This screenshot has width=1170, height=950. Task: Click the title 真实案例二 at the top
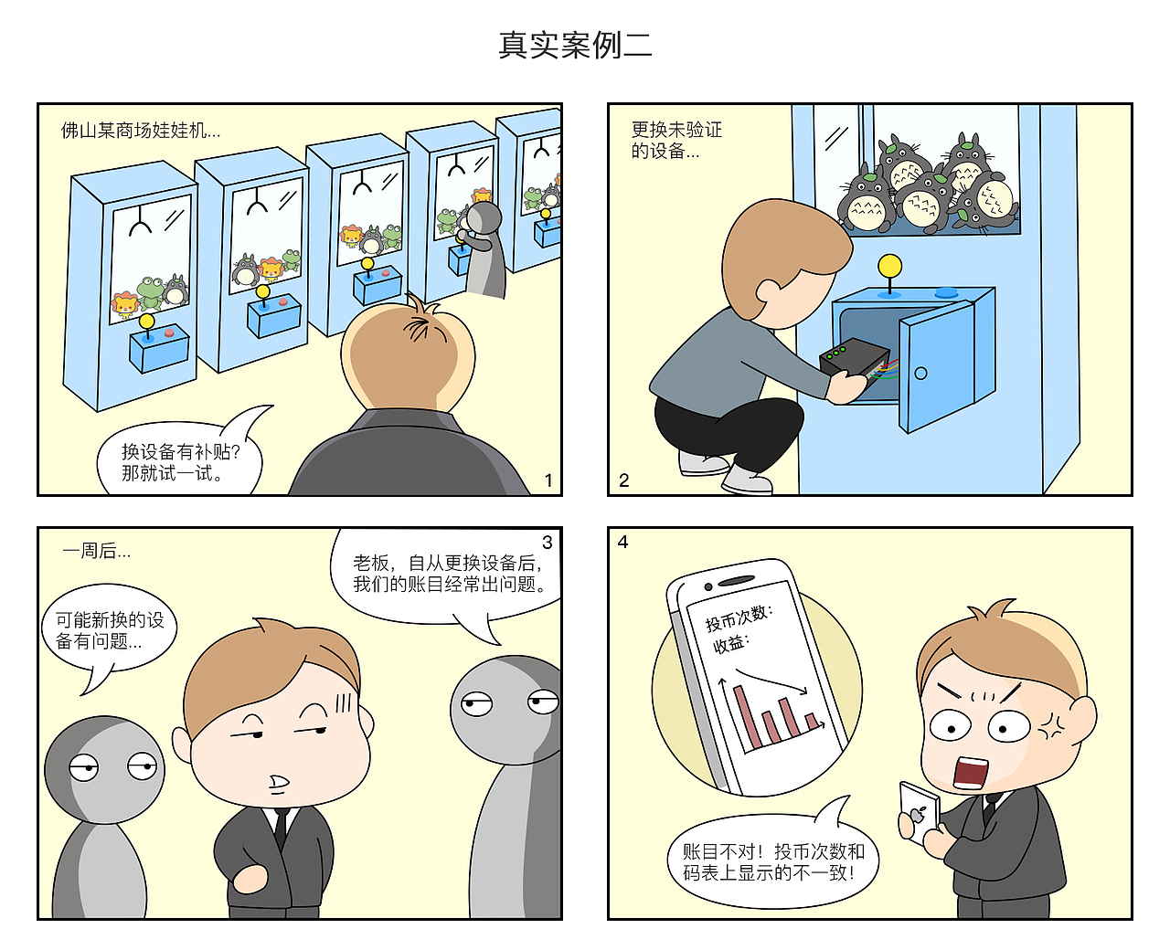[575, 45]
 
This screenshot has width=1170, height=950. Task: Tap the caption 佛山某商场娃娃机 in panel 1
[140, 131]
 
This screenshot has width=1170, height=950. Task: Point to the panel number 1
[548, 480]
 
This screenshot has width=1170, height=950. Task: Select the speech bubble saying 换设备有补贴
[180, 461]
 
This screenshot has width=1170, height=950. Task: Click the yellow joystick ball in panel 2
[889, 266]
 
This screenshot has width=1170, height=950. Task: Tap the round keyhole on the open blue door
[920, 373]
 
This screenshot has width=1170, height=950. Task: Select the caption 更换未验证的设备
[676, 140]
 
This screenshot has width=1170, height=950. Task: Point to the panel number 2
[624, 480]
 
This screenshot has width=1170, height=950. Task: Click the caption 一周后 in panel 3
[96, 551]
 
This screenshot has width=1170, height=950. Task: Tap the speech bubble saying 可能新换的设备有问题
[109, 631]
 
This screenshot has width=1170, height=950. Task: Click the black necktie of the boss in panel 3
[281, 828]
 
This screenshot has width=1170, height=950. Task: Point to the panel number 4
[623, 542]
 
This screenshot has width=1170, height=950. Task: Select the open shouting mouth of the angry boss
[970, 773]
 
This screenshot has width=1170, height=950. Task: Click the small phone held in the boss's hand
[918, 810]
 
